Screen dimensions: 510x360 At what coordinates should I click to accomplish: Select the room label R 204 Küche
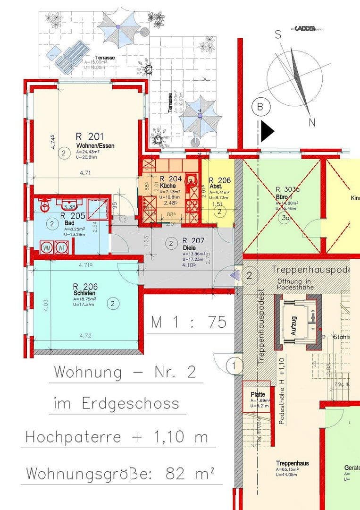point(168,179)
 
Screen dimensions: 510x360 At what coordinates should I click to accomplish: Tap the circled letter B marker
point(260,107)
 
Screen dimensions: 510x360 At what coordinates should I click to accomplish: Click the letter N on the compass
point(311,123)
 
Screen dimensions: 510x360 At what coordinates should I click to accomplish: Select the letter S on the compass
point(278,34)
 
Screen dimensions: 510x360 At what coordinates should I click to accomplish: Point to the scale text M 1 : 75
point(189,323)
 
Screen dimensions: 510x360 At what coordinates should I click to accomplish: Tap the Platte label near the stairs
point(258,394)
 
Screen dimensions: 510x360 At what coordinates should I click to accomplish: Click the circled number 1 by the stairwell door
point(234,365)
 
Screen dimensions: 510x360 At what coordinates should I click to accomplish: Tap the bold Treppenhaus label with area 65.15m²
point(293,463)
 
